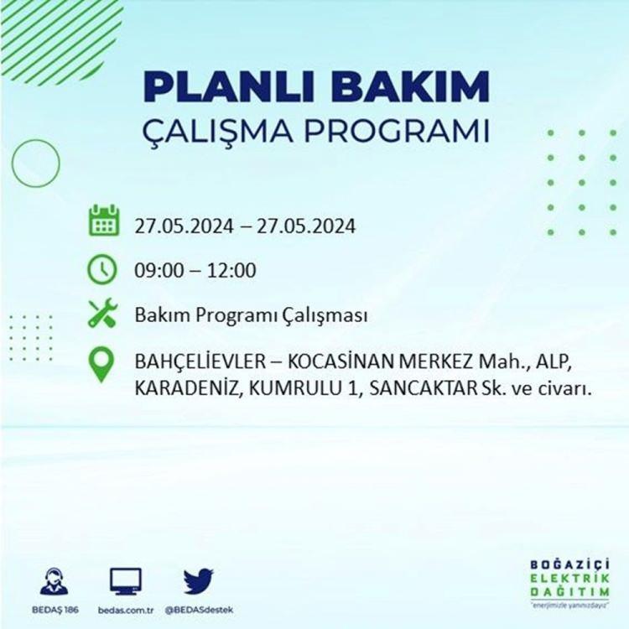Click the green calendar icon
pyautogui.click(x=104, y=220)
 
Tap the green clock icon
pyautogui.click(x=102, y=269)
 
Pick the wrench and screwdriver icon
pyautogui.click(x=102, y=314)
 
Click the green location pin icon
pyautogui.click(x=101, y=364)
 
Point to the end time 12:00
pyautogui.click(x=231, y=270)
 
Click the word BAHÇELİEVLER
pyautogui.click(x=200, y=362)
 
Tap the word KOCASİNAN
pyautogui.click(x=342, y=361)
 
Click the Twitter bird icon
pyautogui.click(x=199, y=581)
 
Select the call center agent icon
pyautogui.click(x=55, y=581)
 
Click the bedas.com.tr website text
pyautogui.click(x=126, y=611)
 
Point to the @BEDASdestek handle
pyautogui.click(x=199, y=611)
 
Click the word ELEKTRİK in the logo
pyautogui.click(x=569, y=579)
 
